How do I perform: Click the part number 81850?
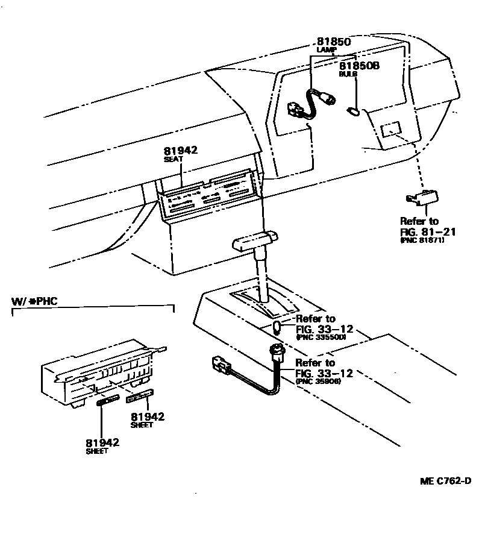click(333, 42)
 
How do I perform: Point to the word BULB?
click(348, 73)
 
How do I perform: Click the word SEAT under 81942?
click(174, 159)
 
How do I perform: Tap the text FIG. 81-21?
click(427, 231)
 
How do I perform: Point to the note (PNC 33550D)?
click(321, 338)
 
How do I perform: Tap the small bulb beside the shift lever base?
click(278, 328)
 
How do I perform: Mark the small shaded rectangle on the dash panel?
click(391, 128)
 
